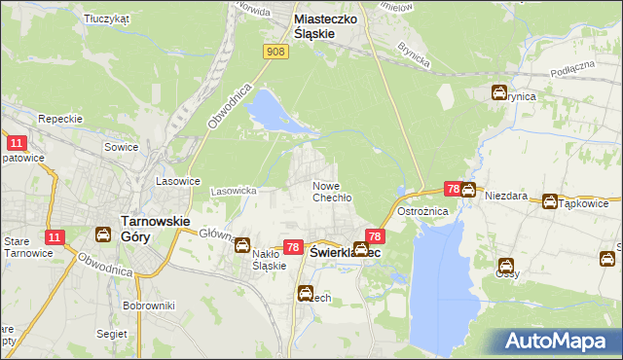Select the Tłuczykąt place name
pos(107,18)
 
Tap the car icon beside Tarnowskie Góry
pos(102,234)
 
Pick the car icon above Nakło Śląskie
pos(242,246)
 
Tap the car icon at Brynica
pos(499,93)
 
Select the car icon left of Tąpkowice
pos(550,202)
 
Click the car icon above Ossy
pos(507,265)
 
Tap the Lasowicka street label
pos(234,191)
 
